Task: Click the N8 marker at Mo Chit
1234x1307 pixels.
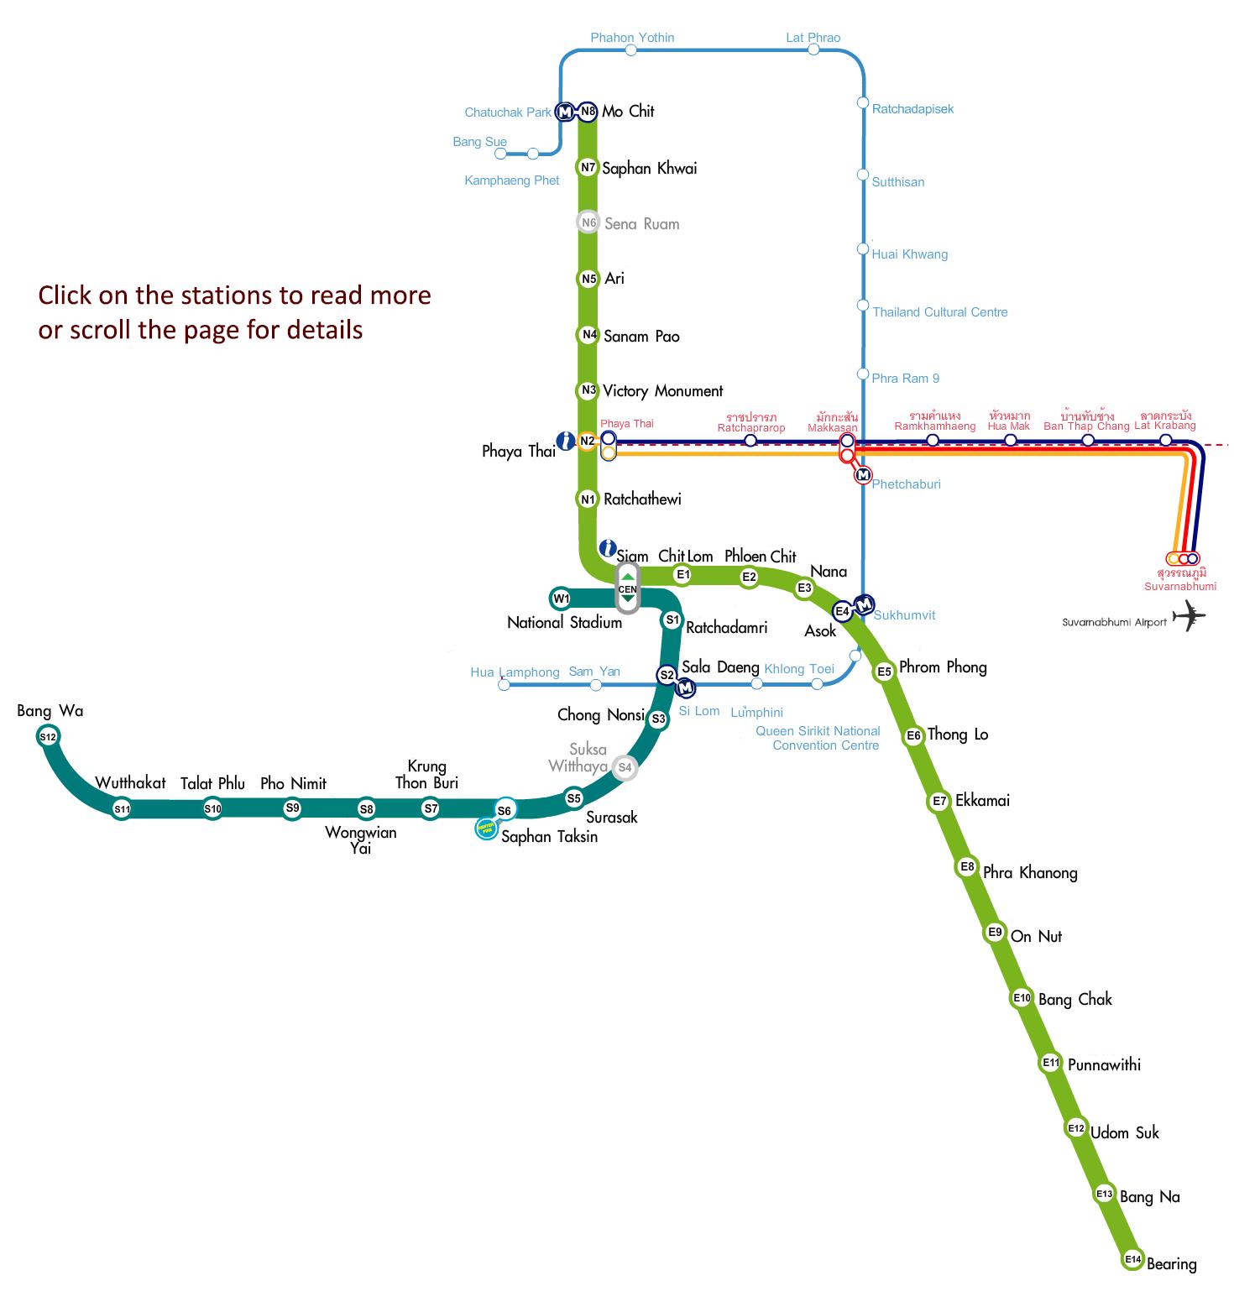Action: click(588, 111)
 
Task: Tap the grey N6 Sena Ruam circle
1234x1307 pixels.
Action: click(588, 222)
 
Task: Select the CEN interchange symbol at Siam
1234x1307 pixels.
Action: click(627, 588)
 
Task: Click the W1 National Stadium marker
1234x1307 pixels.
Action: click(561, 599)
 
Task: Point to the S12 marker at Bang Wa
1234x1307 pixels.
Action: click(48, 737)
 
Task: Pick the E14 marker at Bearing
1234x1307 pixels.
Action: click(1133, 1259)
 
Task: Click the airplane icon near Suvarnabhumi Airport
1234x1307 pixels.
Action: click(1189, 616)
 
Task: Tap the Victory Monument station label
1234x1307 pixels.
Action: click(662, 391)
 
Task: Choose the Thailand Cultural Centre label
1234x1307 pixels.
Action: click(940, 312)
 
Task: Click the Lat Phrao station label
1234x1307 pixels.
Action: click(813, 38)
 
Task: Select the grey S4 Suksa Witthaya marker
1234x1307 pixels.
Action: click(625, 767)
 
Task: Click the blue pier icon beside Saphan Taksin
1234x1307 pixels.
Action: click(486, 829)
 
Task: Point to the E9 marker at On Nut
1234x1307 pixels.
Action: click(995, 932)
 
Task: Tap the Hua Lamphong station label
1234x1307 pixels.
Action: click(515, 672)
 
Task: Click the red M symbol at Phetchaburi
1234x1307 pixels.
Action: click(863, 475)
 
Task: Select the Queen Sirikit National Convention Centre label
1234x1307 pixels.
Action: click(818, 739)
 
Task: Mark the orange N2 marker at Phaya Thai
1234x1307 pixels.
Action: click(587, 442)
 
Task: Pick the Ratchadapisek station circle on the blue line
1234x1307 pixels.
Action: click(862, 102)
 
